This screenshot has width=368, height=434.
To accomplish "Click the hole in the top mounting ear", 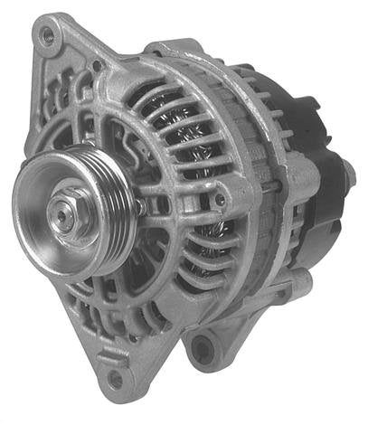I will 47,37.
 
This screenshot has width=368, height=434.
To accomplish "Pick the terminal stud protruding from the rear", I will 348,172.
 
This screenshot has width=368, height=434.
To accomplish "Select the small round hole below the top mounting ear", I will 97,66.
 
